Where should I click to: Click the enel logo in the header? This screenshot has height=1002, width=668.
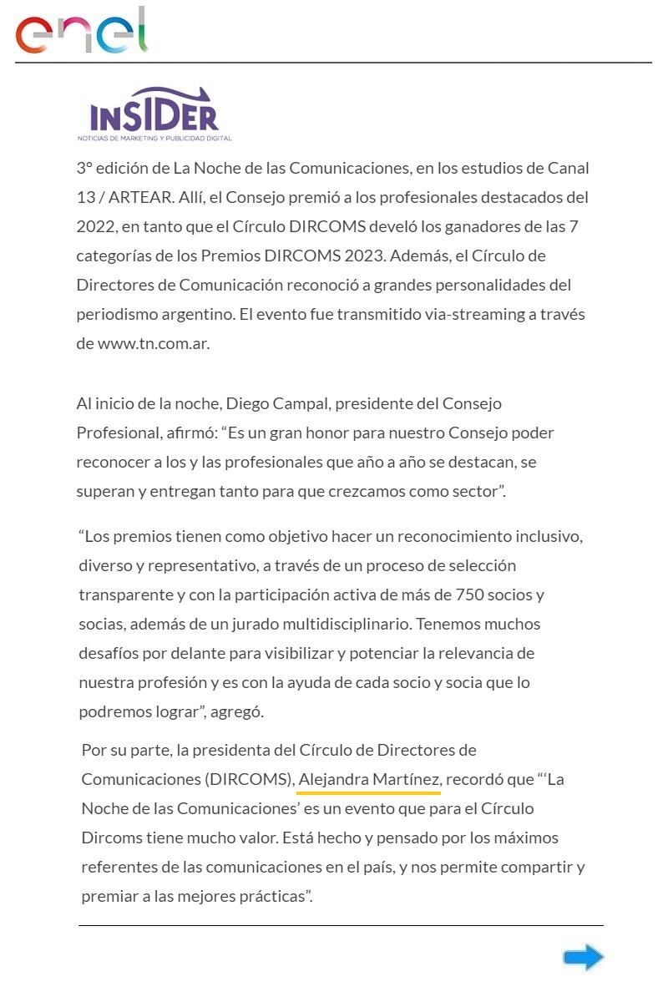pos(81,32)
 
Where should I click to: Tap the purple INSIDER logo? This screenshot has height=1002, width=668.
pos(154,111)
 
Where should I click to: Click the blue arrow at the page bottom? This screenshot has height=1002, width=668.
pos(583,957)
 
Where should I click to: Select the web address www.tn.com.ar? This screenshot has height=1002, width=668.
pos(153,343)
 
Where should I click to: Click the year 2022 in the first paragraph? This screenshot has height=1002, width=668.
pos(94,226)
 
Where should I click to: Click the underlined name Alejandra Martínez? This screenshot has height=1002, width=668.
pos(369,779)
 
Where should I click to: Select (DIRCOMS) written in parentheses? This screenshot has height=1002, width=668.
pos(248,779)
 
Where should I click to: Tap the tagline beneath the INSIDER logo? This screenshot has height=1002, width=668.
pos(154,138)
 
